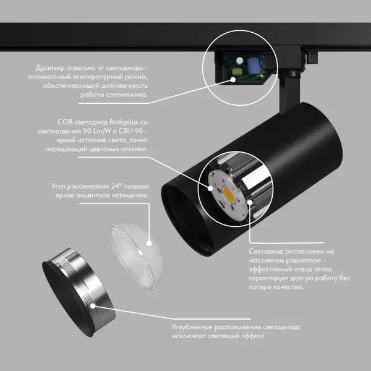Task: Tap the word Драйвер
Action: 50,68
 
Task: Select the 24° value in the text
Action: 115,186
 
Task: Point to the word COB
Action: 65,122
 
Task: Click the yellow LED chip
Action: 229,194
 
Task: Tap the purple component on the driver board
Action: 253,65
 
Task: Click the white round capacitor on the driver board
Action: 239,61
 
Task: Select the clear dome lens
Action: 136,256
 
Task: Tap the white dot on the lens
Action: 149,243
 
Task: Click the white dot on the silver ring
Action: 93,306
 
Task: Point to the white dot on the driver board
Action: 233,80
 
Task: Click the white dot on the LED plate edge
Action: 210,189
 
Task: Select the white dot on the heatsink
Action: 250,202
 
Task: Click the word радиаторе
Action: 303,260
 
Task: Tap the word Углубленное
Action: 192,328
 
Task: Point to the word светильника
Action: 127,95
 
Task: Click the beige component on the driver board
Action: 236,71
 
